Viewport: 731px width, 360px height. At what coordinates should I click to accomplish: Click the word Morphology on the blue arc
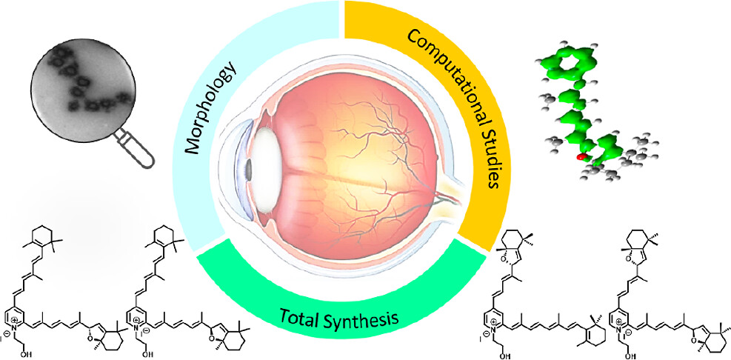(x=213, y=107)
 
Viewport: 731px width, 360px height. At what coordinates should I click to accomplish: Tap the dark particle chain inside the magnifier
(x=85, y=82)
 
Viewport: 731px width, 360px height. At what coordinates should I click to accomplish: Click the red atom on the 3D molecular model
(x=580, y=158)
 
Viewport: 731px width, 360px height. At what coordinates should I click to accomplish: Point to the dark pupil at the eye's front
(x=250, y=170)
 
